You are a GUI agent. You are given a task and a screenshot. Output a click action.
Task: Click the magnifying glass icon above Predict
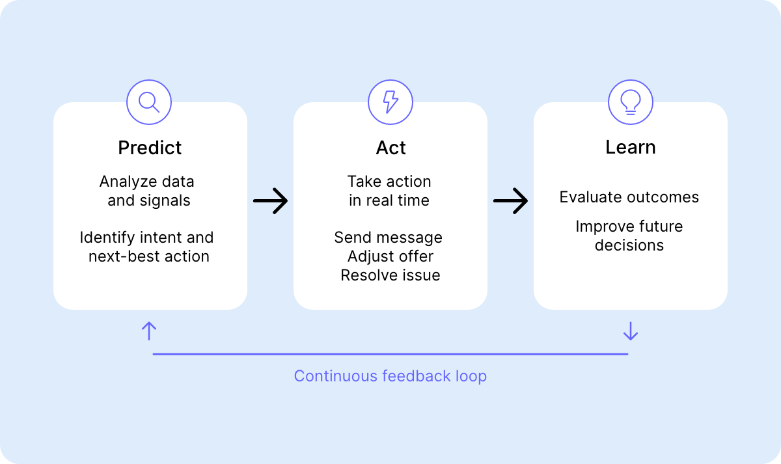point(149,102)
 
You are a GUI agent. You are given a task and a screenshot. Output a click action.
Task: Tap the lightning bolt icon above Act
point(390,102)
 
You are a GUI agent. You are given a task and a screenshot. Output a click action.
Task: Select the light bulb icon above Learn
point(630,102)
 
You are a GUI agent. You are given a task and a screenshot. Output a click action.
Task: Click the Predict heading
point(150,148)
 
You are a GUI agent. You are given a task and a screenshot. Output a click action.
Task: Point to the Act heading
point(390,148)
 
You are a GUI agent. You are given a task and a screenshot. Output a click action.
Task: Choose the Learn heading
point(630,147)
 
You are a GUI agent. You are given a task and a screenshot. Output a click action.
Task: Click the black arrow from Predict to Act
point(270,201)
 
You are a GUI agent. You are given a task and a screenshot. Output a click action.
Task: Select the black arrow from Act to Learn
point(510,201)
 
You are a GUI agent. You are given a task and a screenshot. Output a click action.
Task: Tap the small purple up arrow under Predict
point(149,331)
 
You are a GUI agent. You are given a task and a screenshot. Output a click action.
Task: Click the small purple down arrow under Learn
point(630,331)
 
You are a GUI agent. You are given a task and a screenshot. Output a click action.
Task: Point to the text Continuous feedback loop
point(390,376)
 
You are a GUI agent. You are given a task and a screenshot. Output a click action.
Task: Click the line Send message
point(388,238)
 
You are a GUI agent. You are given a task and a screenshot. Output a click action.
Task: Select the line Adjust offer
point(390,256)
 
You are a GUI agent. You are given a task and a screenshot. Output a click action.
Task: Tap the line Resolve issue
point(390,275)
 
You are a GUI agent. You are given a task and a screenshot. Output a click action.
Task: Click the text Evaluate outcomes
point(629,197)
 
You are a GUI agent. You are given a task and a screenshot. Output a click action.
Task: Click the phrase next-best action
point(149,256)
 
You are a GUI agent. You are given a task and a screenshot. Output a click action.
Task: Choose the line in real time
point(389,200)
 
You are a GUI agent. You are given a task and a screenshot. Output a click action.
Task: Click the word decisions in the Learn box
point(629,245)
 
